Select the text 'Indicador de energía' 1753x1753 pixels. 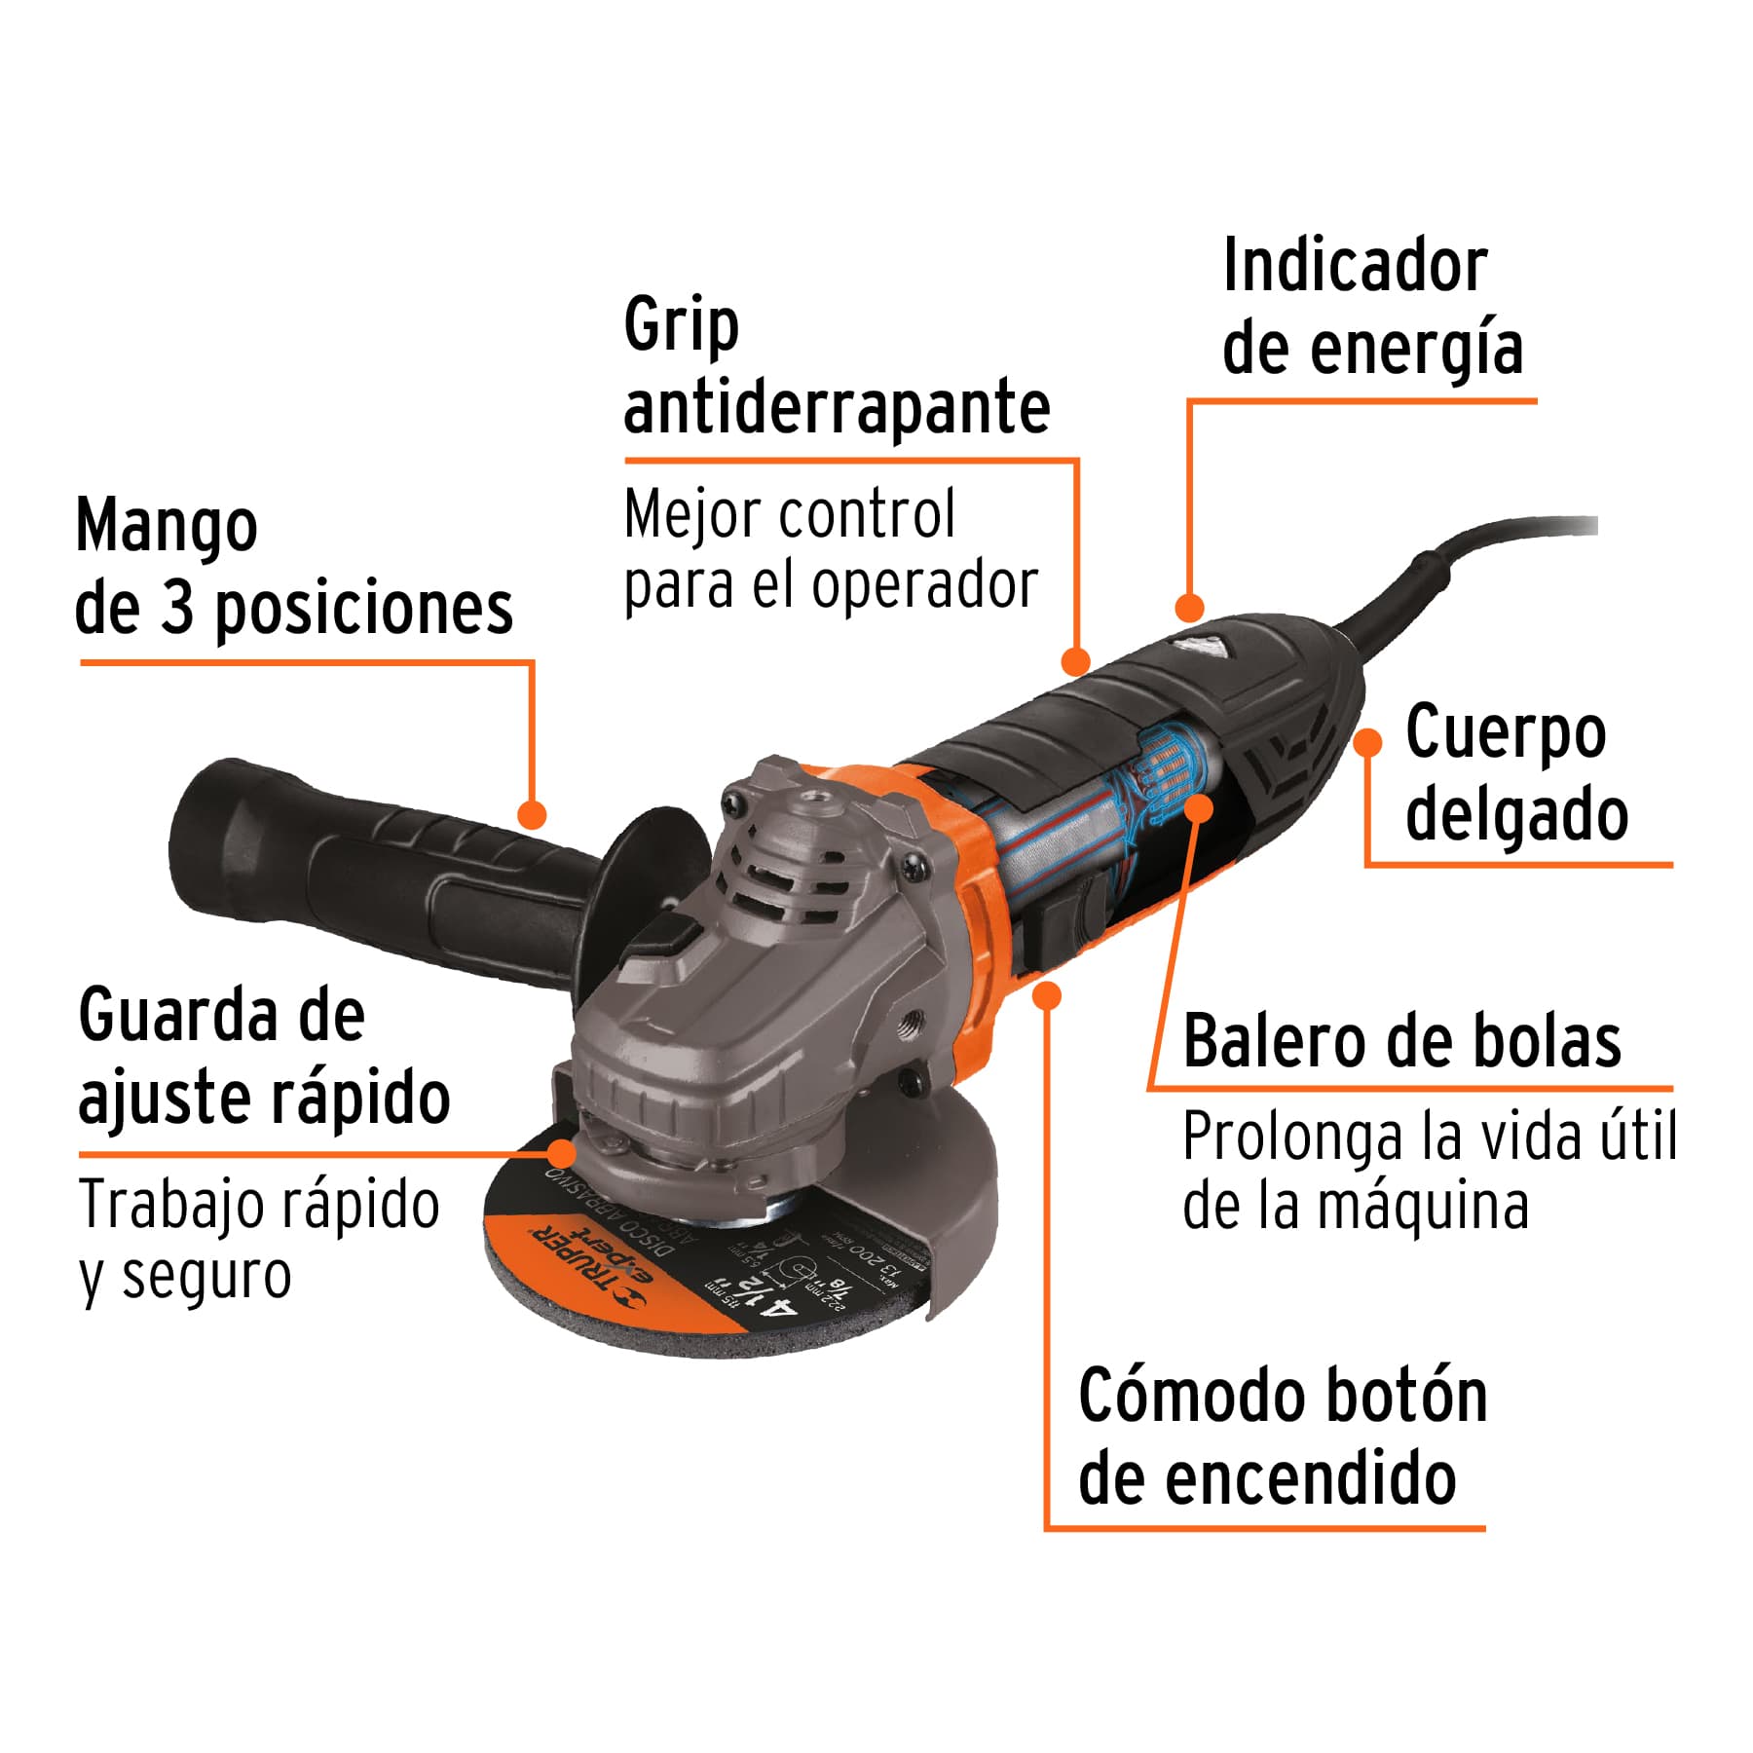1371,307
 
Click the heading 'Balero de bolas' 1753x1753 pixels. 1401,1042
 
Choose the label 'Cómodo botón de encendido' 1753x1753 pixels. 1282,1437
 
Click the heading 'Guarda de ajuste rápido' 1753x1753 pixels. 263,1057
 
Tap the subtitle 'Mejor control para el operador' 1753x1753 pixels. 830,550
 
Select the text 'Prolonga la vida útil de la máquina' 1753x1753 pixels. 1428,1172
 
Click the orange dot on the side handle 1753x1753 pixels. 532,814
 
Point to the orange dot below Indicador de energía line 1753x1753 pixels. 1189,608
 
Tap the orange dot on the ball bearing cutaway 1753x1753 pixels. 1199,806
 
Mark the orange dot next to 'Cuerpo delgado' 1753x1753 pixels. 1368,742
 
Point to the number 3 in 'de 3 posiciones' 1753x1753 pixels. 177,610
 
